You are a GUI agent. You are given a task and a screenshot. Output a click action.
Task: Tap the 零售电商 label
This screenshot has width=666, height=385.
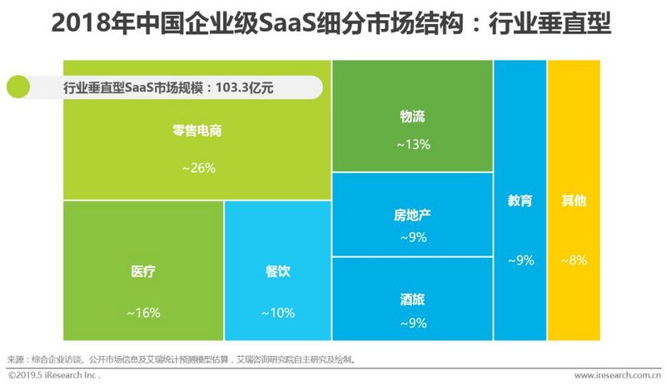pyautogui.click(x=196, y=131)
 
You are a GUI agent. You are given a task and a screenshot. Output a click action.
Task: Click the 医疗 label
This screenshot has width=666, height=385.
pyautogui.click(x=143, y=272)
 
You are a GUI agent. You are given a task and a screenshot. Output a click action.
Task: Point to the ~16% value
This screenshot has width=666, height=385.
pyautogui.click(x=143, y=313)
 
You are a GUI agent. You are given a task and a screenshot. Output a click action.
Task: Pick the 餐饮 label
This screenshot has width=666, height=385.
pyautogui.click(x=278, y=272)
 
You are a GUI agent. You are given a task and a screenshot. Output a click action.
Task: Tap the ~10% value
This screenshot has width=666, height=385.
pyautogui.click(x=277, y=313)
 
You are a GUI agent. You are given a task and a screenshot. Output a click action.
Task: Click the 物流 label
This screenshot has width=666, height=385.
pyautogui.click(x=412, y=116)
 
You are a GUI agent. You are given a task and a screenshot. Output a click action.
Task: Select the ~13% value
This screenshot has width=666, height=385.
pyautogui.click(x=412, y=144)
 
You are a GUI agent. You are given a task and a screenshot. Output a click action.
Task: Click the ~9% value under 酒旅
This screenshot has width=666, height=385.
pyautogui.click(x=412, y=323)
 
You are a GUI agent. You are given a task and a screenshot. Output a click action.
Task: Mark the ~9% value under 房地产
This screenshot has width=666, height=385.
pyautogui.click(x=412, y=237)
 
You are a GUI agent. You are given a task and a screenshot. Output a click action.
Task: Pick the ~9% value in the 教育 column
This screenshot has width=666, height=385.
pyautogui.click(x=519, y=260)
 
